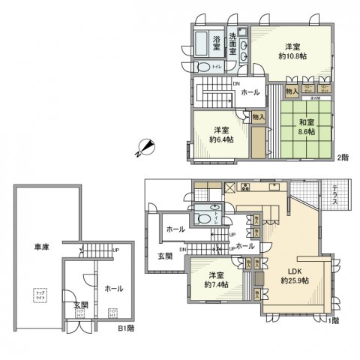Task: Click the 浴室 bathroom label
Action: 216,40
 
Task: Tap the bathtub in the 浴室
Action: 202,41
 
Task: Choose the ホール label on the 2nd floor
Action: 250,92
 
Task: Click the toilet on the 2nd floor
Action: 202,64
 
